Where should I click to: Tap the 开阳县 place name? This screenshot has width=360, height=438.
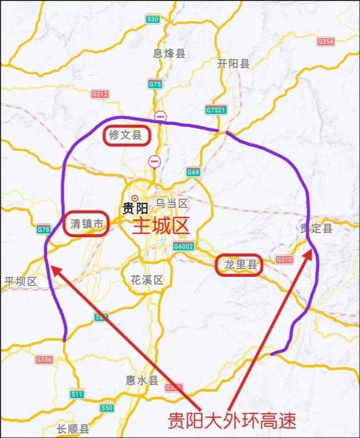[x=233, y=64]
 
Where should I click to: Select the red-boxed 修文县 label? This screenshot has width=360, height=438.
[x=127, y=135]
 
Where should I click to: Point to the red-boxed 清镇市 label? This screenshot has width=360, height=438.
[x=86, y=224]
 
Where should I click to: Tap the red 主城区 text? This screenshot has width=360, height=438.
[x=161, y=225]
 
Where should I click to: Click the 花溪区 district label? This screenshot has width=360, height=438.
[x=146, y=280]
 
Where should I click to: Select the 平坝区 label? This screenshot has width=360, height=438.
[x=20, y=281]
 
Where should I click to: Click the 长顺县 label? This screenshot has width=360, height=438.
[x=73, y=429]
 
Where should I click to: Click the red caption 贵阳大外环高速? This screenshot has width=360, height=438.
[x=232, y=420]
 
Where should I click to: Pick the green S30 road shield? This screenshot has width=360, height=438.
[x=153, y=19]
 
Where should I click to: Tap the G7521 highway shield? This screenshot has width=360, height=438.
[x=216, y=110]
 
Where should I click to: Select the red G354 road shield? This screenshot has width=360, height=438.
[x=325, y=42]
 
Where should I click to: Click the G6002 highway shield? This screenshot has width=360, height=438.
[x=183, y=246]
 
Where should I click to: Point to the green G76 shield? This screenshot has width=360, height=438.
[x=43, y=229]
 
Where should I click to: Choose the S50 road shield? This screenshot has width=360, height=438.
[x=106, y=408]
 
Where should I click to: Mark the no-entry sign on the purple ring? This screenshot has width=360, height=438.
[x=161, y=116]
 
